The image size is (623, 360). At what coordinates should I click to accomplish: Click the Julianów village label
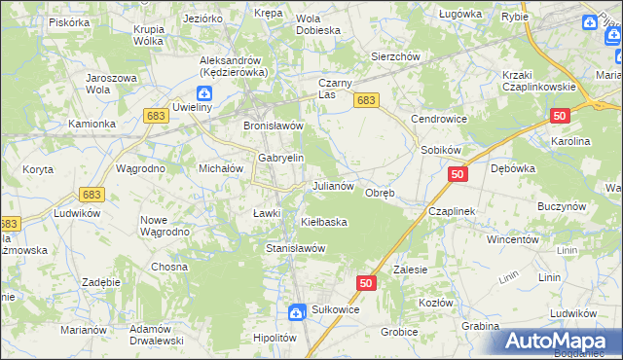(x=338, y=185)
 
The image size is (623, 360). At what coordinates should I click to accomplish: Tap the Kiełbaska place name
(x=324, y=222)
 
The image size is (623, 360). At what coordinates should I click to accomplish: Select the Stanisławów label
(x=295, y=248)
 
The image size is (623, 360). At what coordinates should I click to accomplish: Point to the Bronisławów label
(x=274, y=126)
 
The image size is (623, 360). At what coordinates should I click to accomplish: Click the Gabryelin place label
(x=281, y=158)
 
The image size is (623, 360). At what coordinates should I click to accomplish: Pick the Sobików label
(x=440, y=150)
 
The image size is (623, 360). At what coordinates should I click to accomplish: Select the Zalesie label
(x=410, y=270)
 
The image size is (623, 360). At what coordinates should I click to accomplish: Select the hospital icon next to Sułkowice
(x=297, y=311)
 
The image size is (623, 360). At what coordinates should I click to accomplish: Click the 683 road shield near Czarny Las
(x=366, y=100)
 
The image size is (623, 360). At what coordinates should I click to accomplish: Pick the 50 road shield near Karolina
(x=559, y=116)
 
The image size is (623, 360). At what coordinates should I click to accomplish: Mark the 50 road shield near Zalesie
(x=365, y=283)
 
